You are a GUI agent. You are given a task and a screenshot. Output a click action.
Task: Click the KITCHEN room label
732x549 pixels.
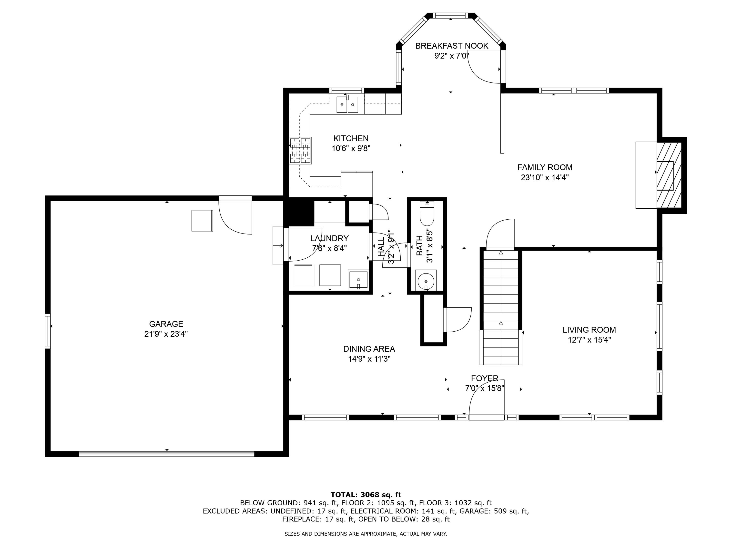pyautogui.click(x=351, y=138)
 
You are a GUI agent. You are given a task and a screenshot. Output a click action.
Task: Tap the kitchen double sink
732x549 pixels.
pyautogui.click(x=347, y=105)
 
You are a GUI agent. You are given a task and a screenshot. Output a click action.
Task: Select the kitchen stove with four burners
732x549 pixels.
pyautogui.click(x=300, y=151)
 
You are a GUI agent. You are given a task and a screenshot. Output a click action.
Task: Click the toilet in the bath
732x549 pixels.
pyautogui.click(x=427, y=213)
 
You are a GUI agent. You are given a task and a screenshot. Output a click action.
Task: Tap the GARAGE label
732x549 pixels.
pyautogui.click(x=166, y=324)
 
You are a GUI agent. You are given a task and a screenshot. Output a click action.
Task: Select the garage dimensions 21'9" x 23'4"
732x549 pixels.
pyautogui.click(x=166, y=334)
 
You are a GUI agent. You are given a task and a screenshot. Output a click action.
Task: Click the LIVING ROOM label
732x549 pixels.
pyautogui.click(x=589, y=330)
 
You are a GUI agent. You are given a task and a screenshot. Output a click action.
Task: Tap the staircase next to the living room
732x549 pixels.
pyautogui.click(x=501, y=308)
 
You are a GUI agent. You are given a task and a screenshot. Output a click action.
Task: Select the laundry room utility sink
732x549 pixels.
pyautogui.click(x=358, y=280)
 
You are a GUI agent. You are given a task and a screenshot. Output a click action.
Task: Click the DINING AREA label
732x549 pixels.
pyautogui.click(x=369, y=349)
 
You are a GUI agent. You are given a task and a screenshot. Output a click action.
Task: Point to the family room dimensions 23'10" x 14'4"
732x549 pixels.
pyautogui.click(x=545, y=177)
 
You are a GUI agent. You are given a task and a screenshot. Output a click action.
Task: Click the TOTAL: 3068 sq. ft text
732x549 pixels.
pyautogui.click(x=366, y=495)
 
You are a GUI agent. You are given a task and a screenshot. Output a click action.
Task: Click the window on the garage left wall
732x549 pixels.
pyautogui.click(x=48, y=331)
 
